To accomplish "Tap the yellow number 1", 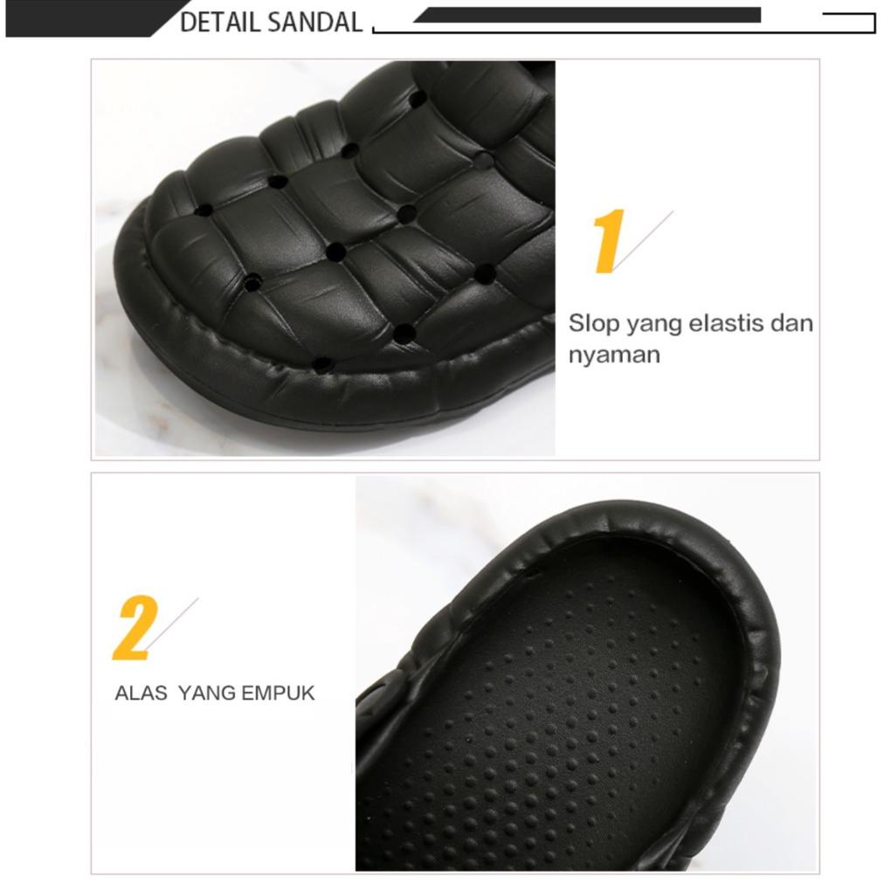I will [x=608, y=241].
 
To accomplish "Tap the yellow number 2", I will [x=135, y=627].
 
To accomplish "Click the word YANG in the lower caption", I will [x=207, y=694].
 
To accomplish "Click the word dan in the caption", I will [x=791, y=323].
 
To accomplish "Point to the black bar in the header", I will [x=585, y=15].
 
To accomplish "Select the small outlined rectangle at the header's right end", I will [x=849, y=23].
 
